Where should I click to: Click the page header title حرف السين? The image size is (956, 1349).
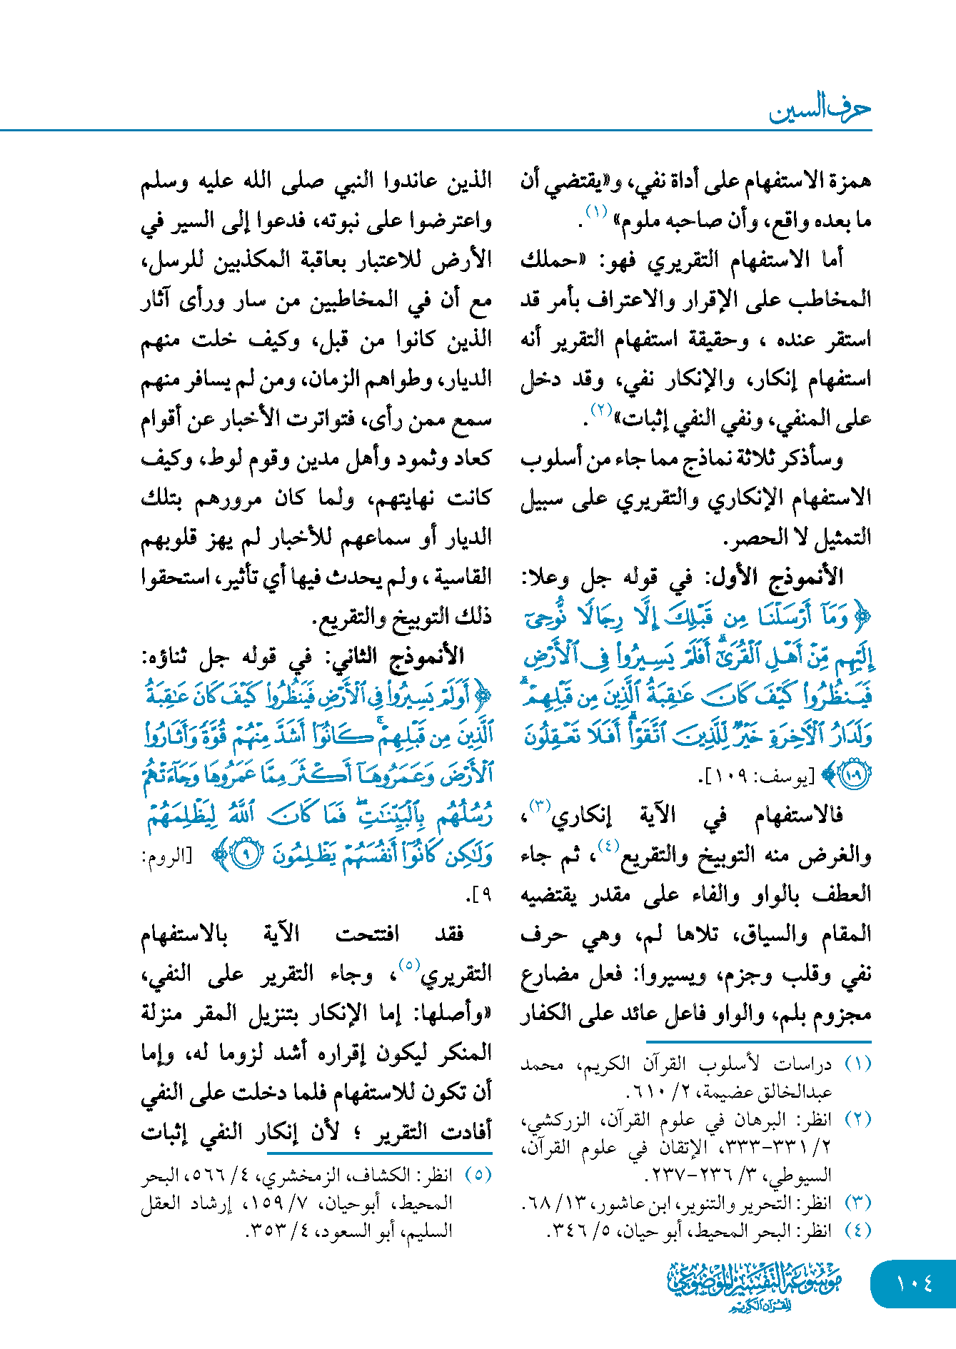820,111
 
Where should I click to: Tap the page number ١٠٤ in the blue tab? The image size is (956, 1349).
915,1283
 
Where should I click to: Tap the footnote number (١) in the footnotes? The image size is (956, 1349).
857,1064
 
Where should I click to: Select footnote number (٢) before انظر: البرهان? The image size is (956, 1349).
857,1119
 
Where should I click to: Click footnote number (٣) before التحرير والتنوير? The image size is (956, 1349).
857,1203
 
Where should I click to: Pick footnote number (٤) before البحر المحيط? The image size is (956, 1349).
857,1231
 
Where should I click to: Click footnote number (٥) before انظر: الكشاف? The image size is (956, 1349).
478,1175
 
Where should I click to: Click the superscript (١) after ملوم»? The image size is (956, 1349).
596,211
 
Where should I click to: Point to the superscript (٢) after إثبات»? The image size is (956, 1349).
600,410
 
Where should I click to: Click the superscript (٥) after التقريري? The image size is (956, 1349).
408,964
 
